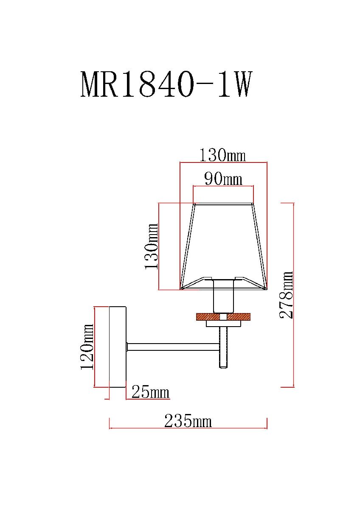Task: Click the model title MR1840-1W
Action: (x=166, y=85)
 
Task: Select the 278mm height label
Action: (x=287, y=295)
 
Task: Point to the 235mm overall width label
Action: (x=188, y=421)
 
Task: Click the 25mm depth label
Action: (x=150, y=392)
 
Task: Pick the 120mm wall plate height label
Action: (x=87, y=347)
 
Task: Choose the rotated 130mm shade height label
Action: (x=152, y=246)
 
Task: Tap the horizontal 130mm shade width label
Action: (x=222, y=156)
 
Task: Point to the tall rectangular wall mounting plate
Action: (x=118, y=347)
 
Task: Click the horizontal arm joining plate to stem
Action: (x=173, y=347)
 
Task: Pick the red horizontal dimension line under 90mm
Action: (x=223, y=187)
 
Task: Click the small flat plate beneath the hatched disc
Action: (x=223, y=324)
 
